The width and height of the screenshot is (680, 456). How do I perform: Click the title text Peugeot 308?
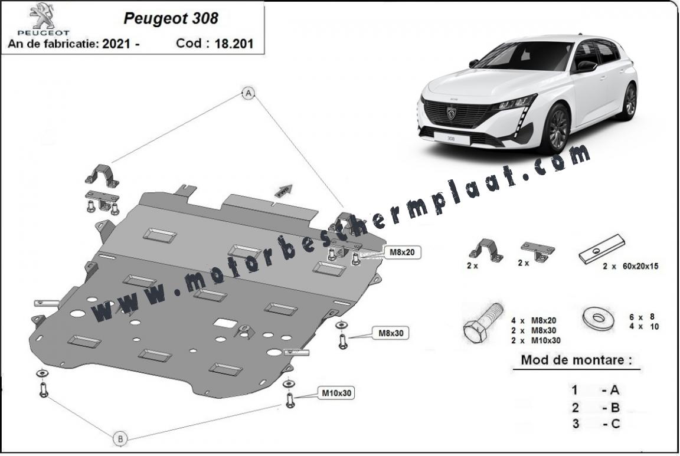pos(171,18)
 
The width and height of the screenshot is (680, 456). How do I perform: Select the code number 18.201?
pos(234,43)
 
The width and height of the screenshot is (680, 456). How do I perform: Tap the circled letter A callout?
pos(248,93)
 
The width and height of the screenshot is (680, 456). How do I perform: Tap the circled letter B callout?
pos(120,439)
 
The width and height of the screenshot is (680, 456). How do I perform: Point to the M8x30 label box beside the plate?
pos(391,333)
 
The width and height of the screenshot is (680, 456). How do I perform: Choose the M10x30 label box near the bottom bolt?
pos(336,393)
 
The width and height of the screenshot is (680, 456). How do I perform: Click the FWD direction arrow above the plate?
pos(283,191)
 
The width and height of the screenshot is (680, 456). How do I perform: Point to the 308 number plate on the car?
pos(451,139)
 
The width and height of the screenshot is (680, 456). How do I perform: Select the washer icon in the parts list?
pos(599,318)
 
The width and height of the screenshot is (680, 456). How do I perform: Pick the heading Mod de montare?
pos(576,360)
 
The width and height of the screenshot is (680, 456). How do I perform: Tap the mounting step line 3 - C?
pos(596,424)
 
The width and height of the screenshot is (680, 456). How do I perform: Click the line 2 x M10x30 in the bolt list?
pos(535,341)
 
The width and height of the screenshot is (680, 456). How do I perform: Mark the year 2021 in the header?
pos(117,44)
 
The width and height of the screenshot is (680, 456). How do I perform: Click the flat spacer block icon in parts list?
pos(602,250)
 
